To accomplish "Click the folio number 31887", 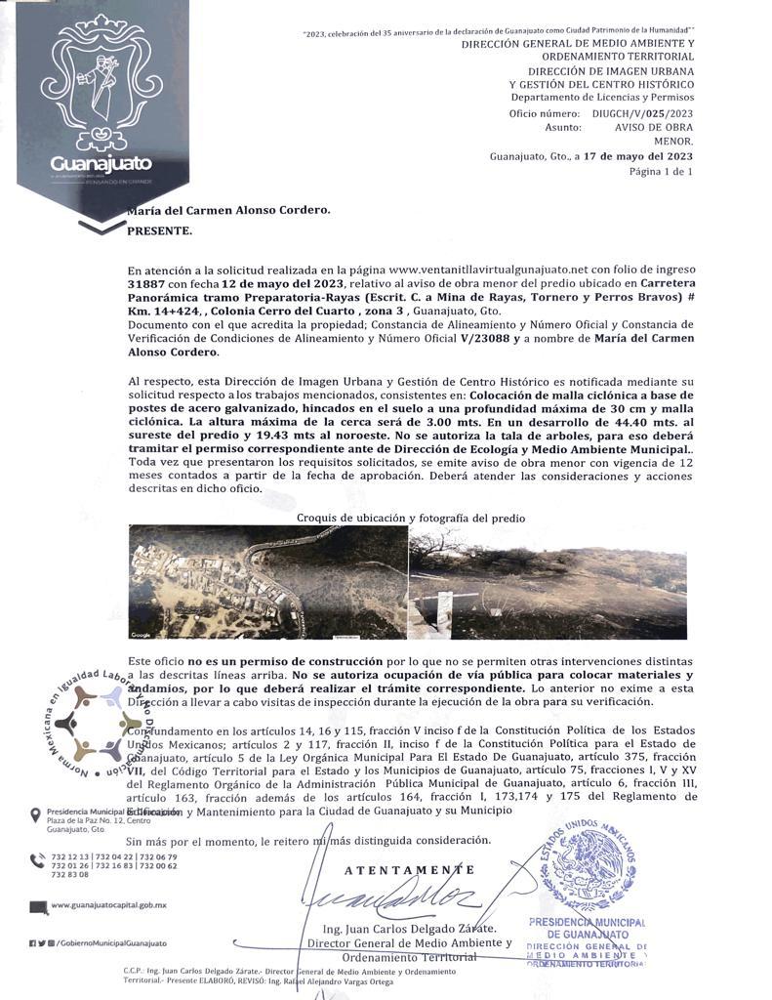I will [145, 282].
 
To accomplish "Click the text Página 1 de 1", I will [660, 171].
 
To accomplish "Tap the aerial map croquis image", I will [266, 582].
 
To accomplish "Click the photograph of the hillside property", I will [547, 582].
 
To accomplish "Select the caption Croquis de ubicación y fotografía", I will [410, 518].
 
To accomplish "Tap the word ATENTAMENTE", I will [410, 869].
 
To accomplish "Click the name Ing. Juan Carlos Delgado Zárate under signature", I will [409, 928].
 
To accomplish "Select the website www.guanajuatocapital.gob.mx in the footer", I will [108, 905].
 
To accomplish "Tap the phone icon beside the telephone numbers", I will [37, 860].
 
